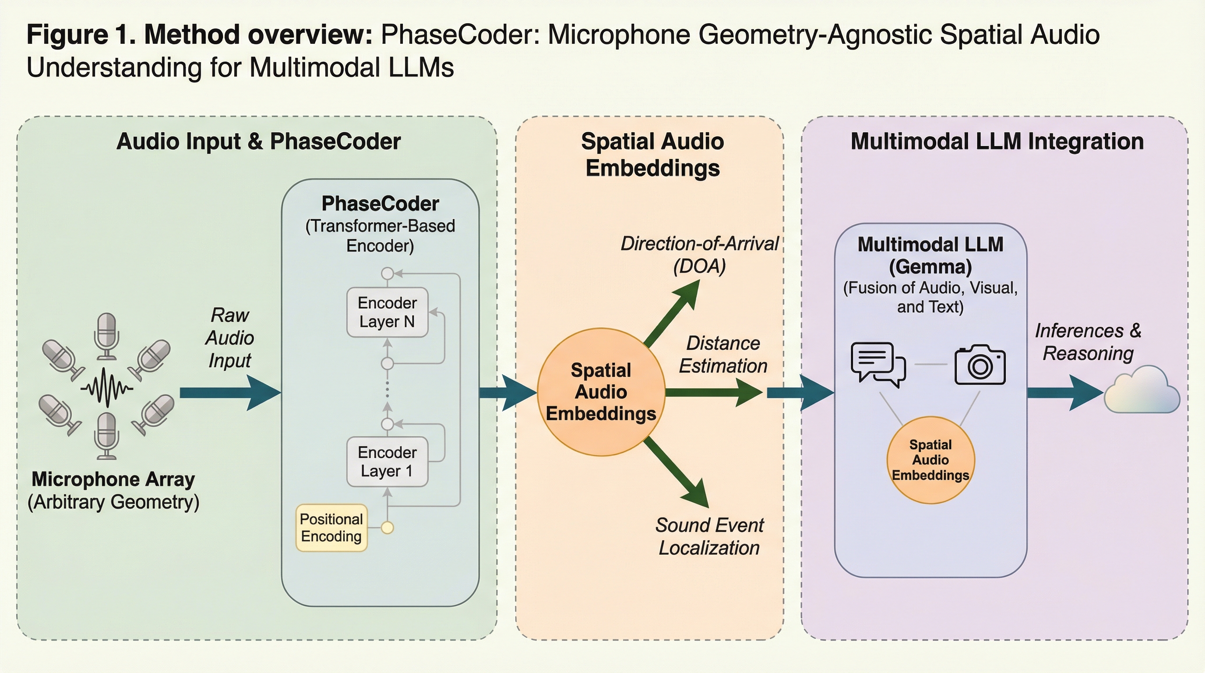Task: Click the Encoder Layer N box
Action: tap(388, 312)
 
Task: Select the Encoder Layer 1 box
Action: tap(388, 461)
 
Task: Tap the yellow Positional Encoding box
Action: tap(331, 528)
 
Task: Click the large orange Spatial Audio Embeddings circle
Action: tap(601, 392)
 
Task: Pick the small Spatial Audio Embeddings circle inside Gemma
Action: tap(930, 460)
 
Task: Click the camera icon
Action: tap(980, 365)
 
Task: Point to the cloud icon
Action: tap(1142, 391)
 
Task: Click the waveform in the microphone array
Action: tap(107, 387)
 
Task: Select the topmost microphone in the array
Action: tap(107, 335)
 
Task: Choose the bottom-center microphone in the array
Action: tap(107, 435)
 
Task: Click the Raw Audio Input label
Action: tap(230, 337)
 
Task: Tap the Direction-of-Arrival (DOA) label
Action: tap(699, 255)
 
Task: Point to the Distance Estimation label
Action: tap(723, 354)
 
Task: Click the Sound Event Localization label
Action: tap(709, 536)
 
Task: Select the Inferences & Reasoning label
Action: tap(1088, 342)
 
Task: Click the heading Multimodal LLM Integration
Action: tap(997, 142)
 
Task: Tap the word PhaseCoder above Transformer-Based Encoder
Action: tap(380, 204)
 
